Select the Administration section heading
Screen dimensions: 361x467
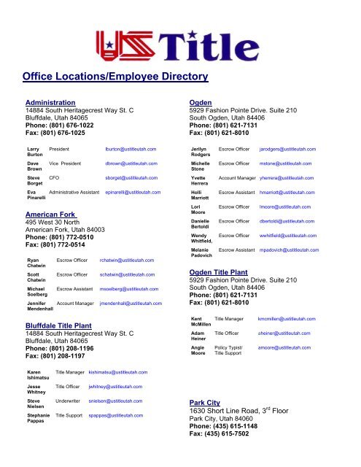[x=50, y=103]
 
